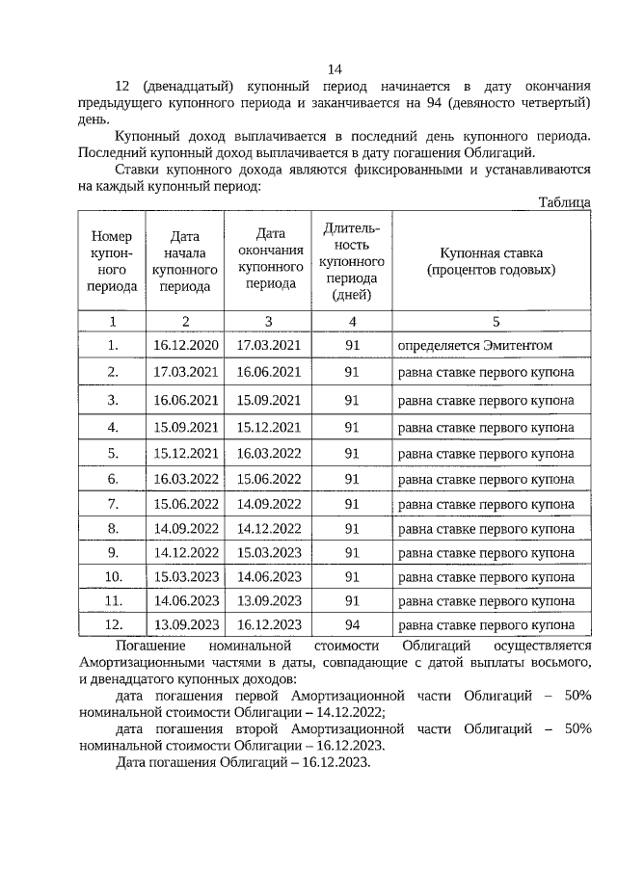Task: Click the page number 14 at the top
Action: (335, 69)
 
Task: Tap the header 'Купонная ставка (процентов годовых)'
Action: (491, 261)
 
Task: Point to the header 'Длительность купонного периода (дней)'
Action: (352, 261)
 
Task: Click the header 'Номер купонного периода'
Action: (112, 261)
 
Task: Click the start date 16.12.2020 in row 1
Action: (185, 345)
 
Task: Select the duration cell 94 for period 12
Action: (352, 623)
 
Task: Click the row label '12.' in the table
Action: (113, 623)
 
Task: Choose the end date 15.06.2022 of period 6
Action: (269, 478)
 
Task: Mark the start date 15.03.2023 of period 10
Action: (185, 577)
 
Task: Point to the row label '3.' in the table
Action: (113, 399)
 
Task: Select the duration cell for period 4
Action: (352, 426)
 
